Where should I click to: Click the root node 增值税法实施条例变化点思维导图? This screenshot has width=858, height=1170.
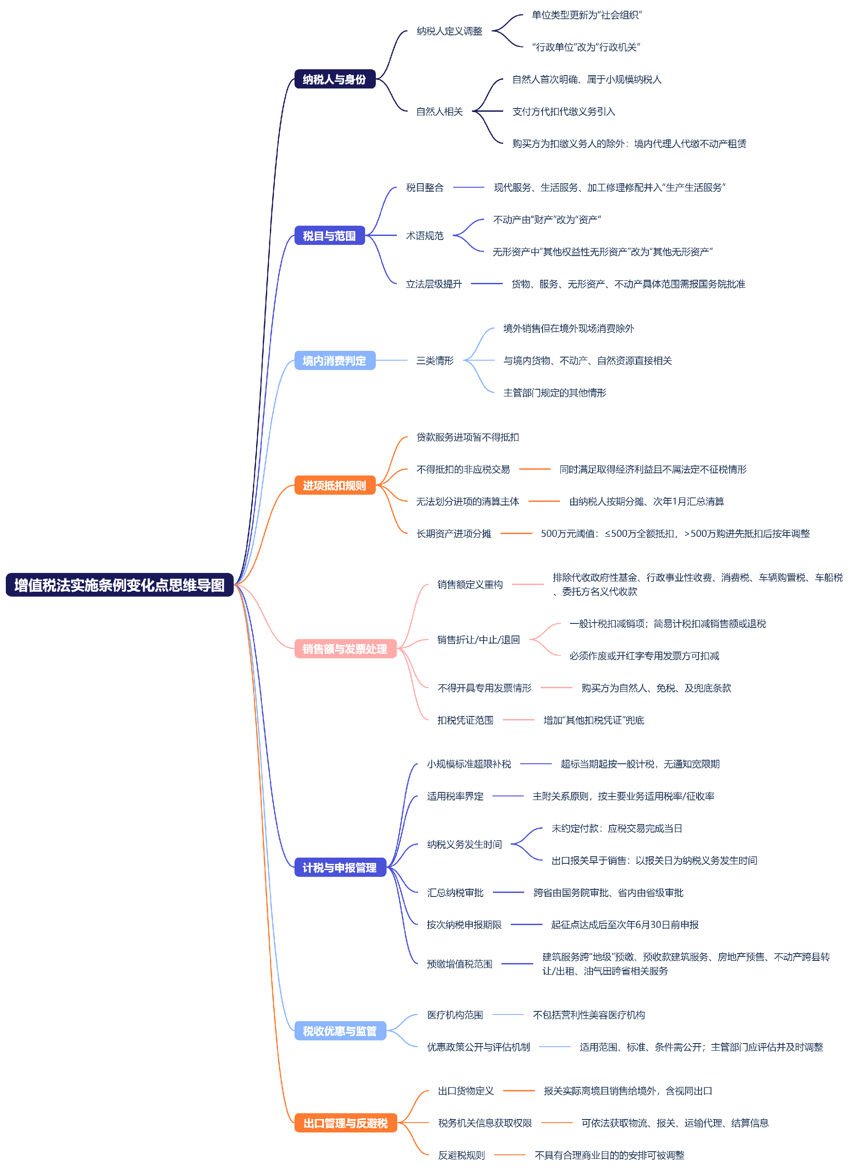point(119,585)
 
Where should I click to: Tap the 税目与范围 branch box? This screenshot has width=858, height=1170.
point(329,235)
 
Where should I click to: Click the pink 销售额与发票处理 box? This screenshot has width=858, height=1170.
point(345,648)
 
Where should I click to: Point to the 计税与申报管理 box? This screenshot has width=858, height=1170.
point(340,867)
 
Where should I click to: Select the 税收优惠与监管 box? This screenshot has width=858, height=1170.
point(340,1031)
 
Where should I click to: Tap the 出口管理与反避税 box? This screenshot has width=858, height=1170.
point(345,1123)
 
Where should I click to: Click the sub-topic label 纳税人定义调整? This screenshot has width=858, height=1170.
point(449,31)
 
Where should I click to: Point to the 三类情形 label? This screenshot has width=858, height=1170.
point(435,360)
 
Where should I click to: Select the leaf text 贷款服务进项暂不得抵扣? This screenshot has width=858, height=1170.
point(467,437)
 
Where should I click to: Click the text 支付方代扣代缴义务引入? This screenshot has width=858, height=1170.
point(564,111)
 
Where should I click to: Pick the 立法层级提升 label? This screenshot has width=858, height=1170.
point(433,283)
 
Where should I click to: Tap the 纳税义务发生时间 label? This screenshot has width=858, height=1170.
point(464,844)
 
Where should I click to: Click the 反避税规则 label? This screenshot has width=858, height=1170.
point(461,1155)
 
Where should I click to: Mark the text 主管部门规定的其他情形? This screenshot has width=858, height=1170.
point(555,392)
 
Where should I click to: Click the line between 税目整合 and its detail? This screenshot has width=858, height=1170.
point(468,187)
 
